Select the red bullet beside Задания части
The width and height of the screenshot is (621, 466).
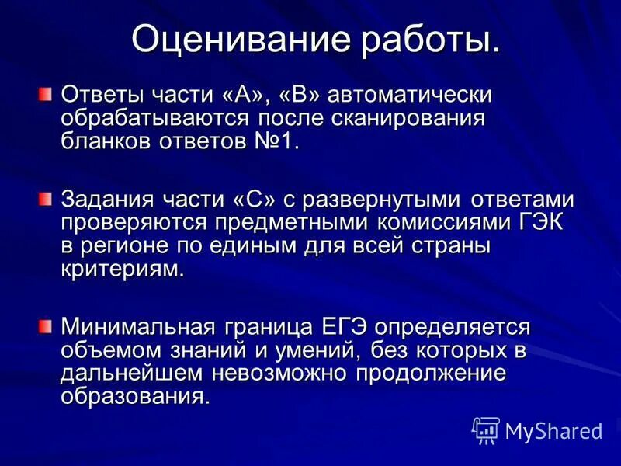pyautogui.click(x=46, y=200)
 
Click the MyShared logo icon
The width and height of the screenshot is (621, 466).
pyautogui.click(x=486, y=429)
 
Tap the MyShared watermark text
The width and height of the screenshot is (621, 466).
pyautogui.click(x=553, y=430)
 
